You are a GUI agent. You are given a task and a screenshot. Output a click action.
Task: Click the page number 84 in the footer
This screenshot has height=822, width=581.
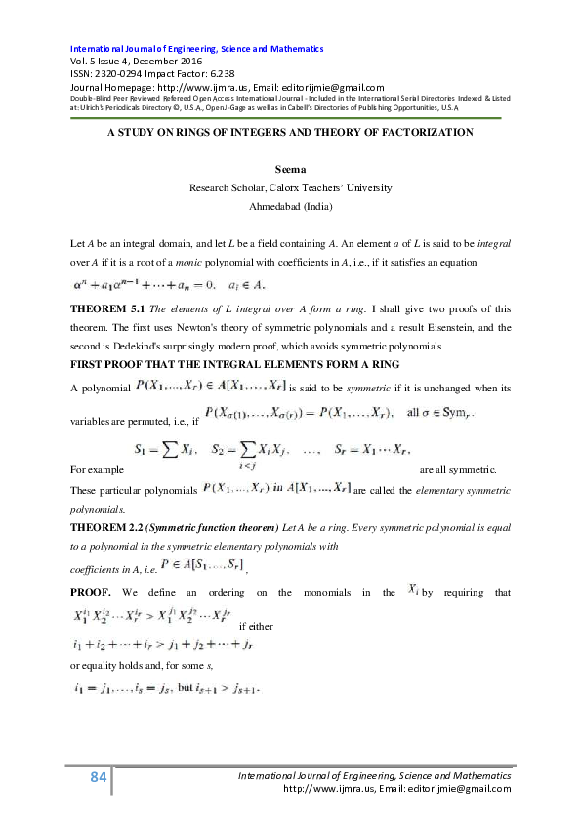(x=97, y=777)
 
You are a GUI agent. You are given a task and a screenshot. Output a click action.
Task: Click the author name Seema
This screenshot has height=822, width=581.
(x=290, y=170)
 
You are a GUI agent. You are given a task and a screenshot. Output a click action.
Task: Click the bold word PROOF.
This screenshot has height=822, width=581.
(x=91, y=592)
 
